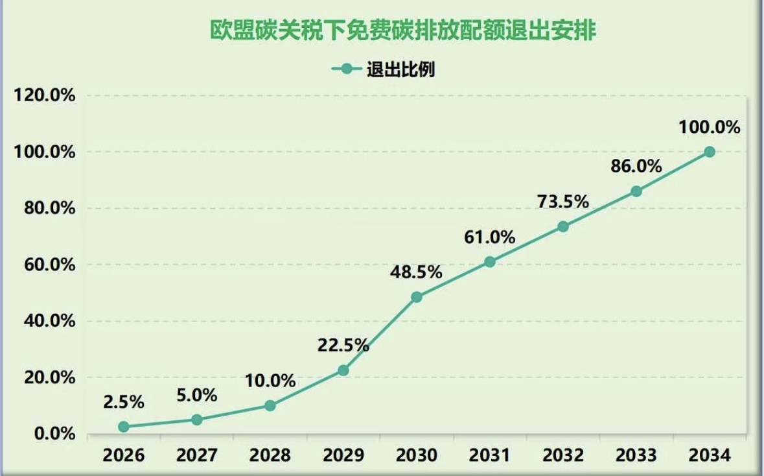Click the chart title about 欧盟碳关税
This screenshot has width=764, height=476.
[x=402, y=30]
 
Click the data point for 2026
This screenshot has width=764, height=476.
[x=124, y=427]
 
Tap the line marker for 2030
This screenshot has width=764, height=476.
[x=417, y=297]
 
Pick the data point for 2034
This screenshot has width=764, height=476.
[x=710, y=152]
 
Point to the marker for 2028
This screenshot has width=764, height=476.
[x=270, y=406]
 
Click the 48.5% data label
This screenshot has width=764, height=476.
[x=416, y=272]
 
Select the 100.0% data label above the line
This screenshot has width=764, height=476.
[x=710, y=127]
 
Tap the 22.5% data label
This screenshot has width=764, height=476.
[x=343, y=346]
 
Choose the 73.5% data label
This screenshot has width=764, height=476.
[x=562, y=202]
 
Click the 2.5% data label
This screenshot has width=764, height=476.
[x=123, y=402]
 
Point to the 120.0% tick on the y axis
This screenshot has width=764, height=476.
[x=45, y=96]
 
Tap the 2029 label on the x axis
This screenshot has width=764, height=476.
[x=343, y=455]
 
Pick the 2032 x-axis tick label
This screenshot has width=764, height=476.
[x=562, y=455]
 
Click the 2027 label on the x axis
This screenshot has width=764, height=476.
[x=196, y=455]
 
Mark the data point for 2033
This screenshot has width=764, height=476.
[x=636, y=191]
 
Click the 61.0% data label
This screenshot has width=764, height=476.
[x=489, y=237]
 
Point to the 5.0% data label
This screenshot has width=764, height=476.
[x=196, y=395]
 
